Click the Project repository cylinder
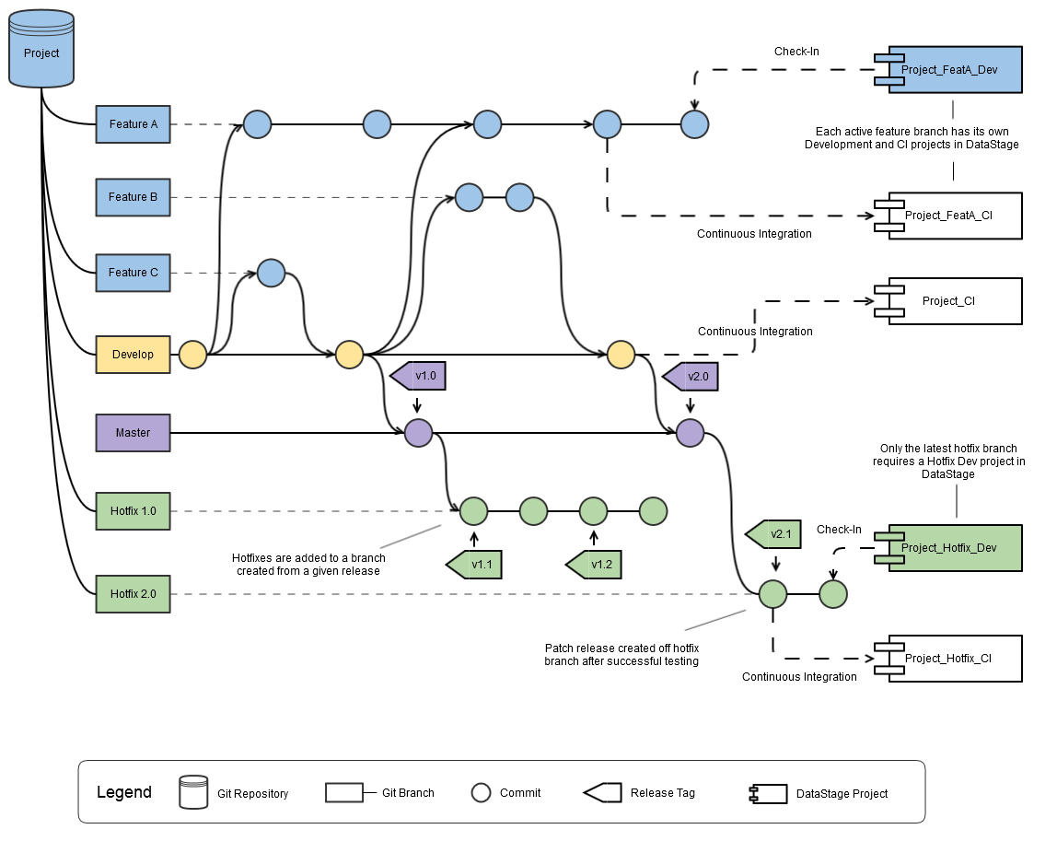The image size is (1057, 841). coord(41,50)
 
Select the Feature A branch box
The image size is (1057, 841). coord(134,124)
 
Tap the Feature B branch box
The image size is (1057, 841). coord(134,197)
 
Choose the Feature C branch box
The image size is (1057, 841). coord(134,273)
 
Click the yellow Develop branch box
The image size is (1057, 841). coord(134,355)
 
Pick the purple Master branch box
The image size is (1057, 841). coord(134,433)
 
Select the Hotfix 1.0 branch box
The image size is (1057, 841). coord(134,510)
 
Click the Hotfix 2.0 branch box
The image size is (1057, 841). coord(134,594)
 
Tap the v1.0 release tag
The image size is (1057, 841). coord(420,376)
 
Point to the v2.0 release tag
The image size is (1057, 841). coord(691,376)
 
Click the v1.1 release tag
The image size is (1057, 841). coord(476,564)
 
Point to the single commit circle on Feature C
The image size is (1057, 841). coord(272,273)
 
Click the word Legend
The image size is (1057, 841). coord(124,792)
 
